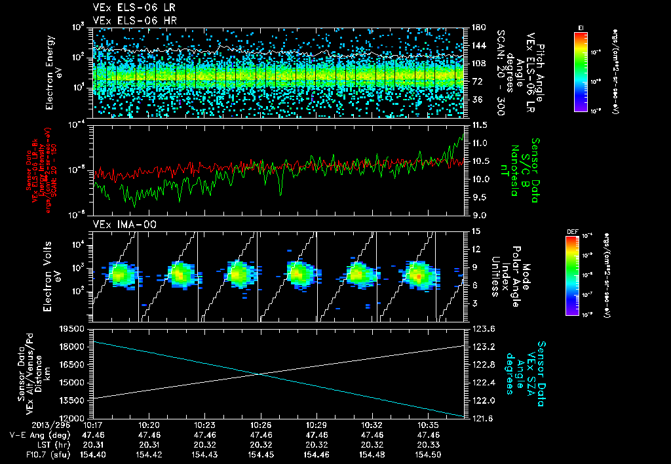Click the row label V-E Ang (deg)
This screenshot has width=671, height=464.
click(39, 435)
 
